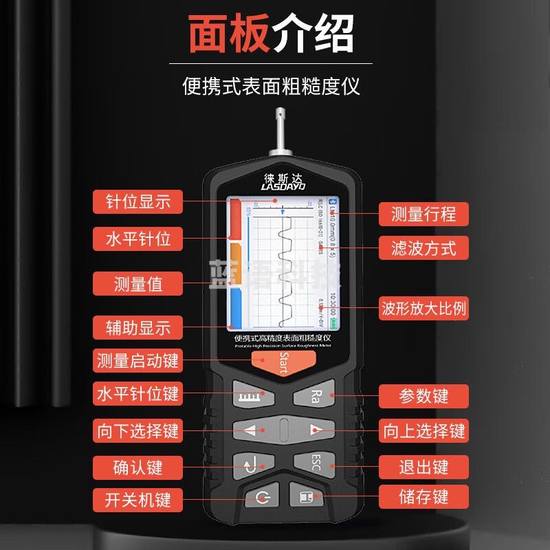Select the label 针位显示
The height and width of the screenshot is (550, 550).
(137, 201)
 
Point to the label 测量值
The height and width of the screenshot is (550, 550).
(137, 283)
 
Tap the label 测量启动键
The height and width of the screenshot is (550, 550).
(137, 360)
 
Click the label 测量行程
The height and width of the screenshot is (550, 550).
(423, 214)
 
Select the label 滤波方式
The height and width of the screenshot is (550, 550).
(423, 247)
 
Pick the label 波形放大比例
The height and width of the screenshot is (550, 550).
(423, 308)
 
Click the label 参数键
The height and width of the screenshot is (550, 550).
(423, 396)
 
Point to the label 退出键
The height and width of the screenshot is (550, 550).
(423, 467)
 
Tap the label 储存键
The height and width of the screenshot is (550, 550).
(423, 496)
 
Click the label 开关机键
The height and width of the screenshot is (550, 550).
(137, 498)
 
